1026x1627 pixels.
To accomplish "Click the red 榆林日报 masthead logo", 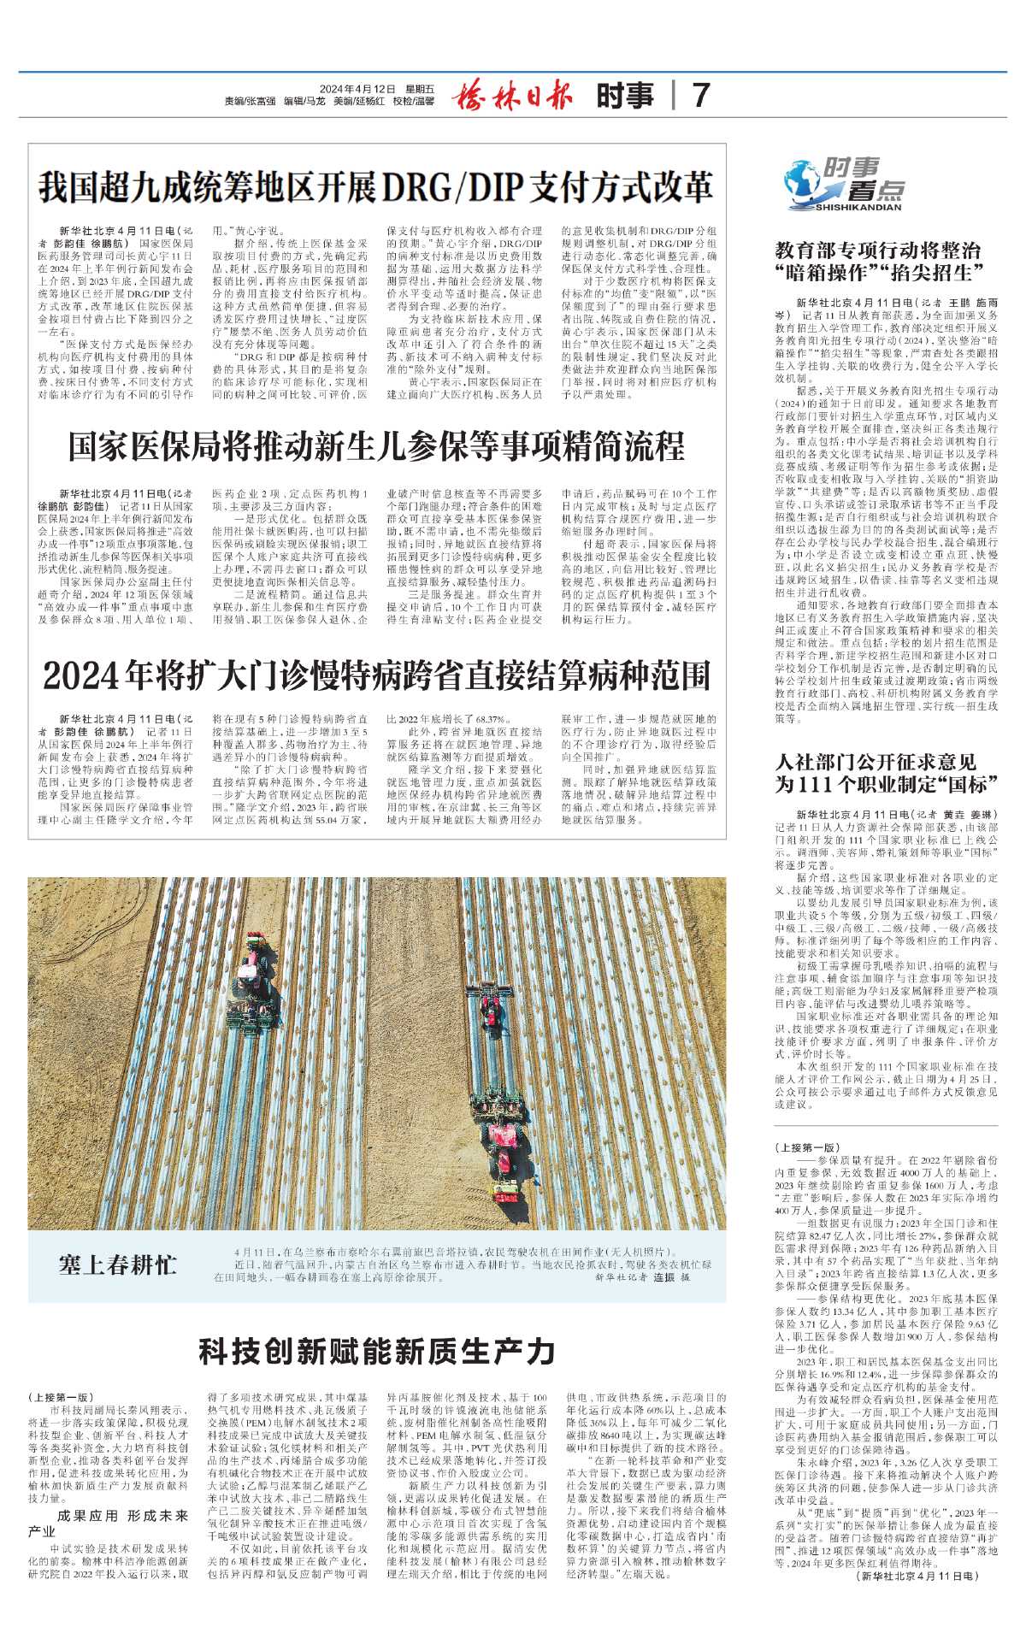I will click(512, 95).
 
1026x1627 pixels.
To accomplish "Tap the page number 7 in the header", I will click(701, 95).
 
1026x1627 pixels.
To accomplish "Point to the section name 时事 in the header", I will click(625, 95).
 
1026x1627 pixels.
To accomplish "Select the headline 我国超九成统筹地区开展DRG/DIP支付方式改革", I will click(376, 186).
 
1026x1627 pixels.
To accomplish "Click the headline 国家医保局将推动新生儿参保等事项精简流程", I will click(376, 445).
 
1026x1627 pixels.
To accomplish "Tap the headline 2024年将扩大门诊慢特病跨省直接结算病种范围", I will click(376, 675).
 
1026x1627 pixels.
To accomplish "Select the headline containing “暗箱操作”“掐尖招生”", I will click(879, 262).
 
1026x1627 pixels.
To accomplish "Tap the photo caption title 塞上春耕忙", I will click(118, 1264).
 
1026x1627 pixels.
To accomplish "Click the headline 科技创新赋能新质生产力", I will click(376, 1351).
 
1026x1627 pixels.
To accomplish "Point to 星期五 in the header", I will click(420, 88).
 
